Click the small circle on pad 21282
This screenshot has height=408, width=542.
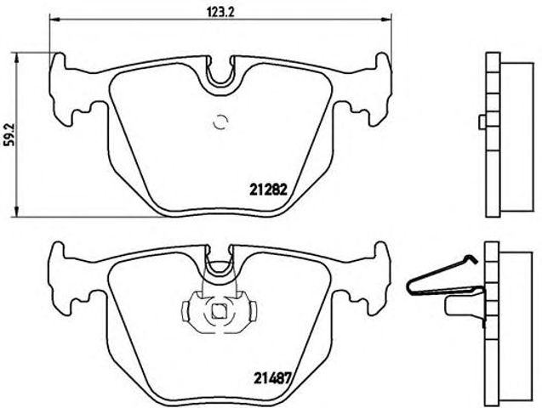click(x=220, y=122)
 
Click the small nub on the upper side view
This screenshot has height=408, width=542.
click(x=482, y=123)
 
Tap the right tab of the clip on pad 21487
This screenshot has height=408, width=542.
click(x=249, y=309)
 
